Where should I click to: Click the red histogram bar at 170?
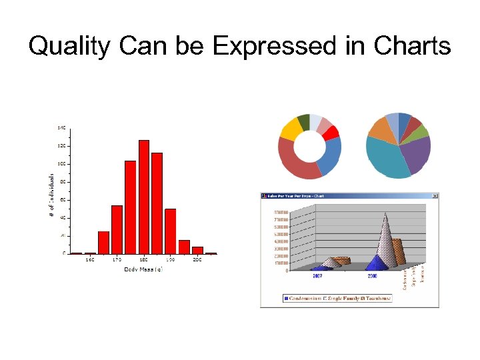click(x=117, y=229)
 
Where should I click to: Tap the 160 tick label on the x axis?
click(x=89, y=260)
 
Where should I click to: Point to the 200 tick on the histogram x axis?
click(x=197, y=260)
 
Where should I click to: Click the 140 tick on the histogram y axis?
click(x=61, y=127)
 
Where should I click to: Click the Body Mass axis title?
click(x=143, y=269)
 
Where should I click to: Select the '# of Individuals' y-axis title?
click(x=51, y=195)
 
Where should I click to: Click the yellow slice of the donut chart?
click(x=290, y=129)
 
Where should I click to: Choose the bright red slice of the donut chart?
click(x=331, y=133)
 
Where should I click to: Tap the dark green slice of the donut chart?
click(x=303, y=121)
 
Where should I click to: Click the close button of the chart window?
click(x=435, y=196)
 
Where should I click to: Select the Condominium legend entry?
click(x=307, y=298)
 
